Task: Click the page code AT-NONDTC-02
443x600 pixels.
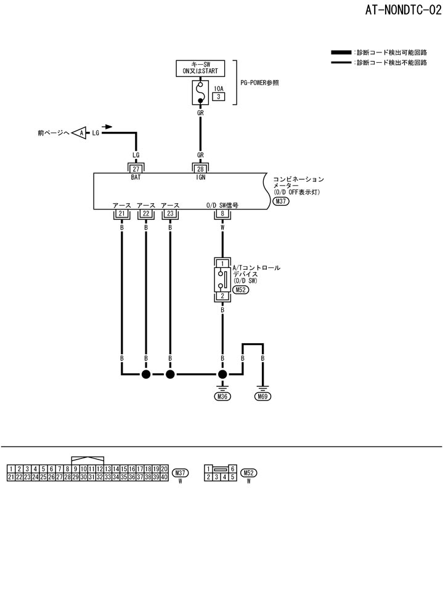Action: pos(398,10)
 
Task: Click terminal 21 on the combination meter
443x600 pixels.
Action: pos(121,214)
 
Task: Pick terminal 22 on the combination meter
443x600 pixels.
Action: pos(145,214)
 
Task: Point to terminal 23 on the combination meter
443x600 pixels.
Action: pos(169,214)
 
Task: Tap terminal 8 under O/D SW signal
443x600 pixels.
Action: pos(222,214)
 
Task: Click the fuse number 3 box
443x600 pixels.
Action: pos(218,97)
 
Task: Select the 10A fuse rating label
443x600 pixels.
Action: pos(218,89)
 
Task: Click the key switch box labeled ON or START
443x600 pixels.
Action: pos(200,68)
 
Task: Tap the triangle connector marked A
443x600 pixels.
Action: pos(79,132)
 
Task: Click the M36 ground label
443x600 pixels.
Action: pos(222,397)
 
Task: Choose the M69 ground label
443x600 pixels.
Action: pos(263,397)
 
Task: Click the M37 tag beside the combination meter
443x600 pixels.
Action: pos(281,201)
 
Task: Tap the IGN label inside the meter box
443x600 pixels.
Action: pos(200,177)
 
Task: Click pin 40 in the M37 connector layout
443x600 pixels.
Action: pos(165,477)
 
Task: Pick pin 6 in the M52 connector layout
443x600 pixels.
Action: pos(233,469)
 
